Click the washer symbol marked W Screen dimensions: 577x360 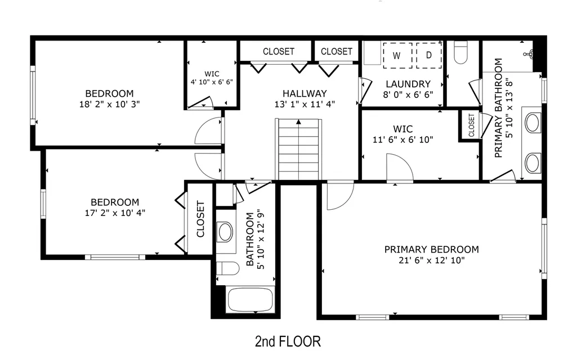click(397, 56)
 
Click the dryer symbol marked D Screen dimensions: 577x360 click(429, 55)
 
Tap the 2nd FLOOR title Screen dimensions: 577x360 click(288, 341)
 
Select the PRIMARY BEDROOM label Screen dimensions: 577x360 click(432, 249)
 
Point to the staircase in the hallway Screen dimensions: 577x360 click(298, 149)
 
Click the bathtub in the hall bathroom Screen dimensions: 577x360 click(251, 300)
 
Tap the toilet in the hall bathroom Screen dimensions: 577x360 click(228, 268)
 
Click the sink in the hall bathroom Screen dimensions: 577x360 click(225, 232)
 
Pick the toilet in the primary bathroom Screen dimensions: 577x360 click(460, 52)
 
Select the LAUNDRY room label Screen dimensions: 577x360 click(408, 84)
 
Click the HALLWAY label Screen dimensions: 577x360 click(305, 93)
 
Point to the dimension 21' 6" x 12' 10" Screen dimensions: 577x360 click(432, 260)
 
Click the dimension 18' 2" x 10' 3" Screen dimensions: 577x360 click(110, 104)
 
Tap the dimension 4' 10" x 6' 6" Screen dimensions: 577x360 click(212, 82)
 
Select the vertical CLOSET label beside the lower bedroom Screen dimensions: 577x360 click(200, 219)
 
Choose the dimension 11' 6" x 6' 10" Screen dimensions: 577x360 click(403, 139)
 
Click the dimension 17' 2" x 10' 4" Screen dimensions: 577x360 click(115, 213)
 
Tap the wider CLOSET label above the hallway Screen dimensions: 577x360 click(279, 52)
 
